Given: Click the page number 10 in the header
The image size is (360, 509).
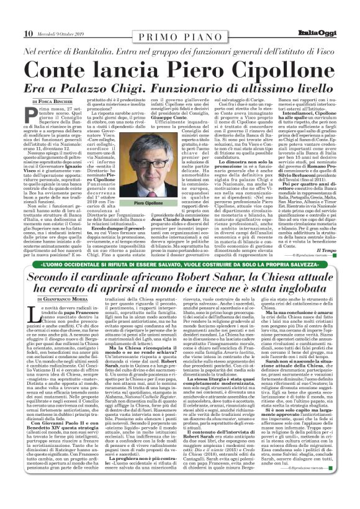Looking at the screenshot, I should pos(11,16).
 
